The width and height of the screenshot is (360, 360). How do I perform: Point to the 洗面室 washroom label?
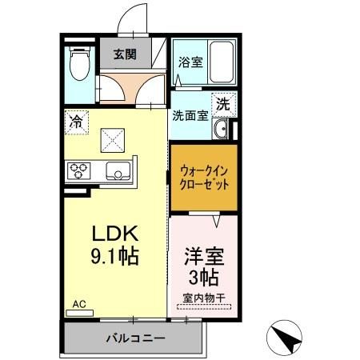[x=190, y=114]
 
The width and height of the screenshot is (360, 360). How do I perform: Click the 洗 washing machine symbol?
[x=225, y=105]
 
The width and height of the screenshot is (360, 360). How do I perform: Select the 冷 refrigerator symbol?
[x=76, y=122]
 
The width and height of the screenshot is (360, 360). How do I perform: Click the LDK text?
[x=115, y=234]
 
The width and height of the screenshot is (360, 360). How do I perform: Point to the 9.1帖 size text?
[x=115, y=258]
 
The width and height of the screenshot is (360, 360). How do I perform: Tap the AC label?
[x=78, y=304]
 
